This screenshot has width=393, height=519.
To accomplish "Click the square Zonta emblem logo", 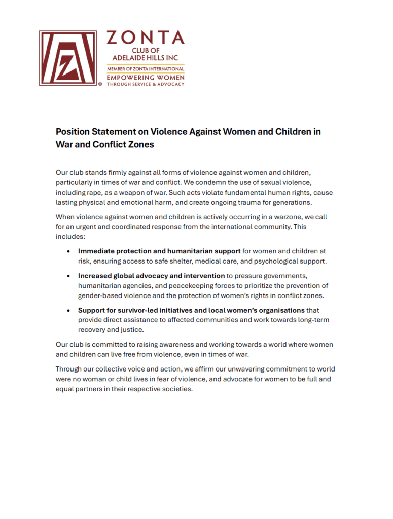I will (67, 58).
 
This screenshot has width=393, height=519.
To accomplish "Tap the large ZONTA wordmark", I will (145, 38).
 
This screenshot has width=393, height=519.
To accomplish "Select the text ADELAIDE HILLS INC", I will (145, 59).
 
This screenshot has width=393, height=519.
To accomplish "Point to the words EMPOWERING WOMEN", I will (145, 77).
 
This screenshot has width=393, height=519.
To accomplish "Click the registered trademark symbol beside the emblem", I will (100, 85).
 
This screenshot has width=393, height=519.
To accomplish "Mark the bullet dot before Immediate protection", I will (68, 251).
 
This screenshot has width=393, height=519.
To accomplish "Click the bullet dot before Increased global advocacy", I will (68, 276).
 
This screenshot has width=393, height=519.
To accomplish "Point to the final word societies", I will (175, 389).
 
